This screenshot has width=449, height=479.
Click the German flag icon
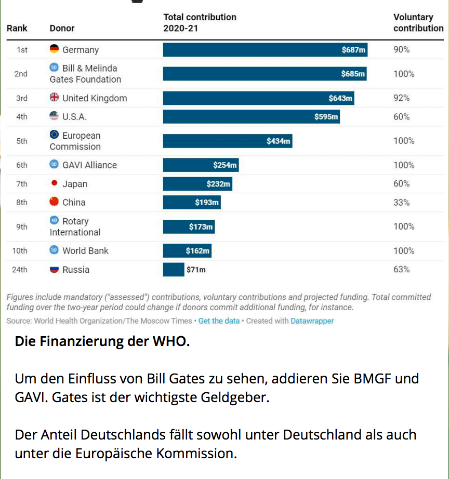point(54,49)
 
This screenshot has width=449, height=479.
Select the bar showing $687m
point(265,50)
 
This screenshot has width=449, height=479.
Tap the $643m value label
point(340,98)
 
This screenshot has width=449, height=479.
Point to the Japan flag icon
point(54,183)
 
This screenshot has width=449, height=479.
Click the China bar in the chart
point(192,202)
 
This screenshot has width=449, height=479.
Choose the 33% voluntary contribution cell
point(401,202)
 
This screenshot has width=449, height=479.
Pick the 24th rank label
point(20,270)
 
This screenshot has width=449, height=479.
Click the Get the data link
point(219,321)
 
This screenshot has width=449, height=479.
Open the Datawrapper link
point(312,321)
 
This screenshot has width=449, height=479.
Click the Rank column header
point(17,28)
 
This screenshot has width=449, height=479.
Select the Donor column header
point(62,28)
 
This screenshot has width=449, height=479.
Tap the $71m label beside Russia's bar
point(196,270)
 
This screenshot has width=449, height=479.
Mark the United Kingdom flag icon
point(54,98)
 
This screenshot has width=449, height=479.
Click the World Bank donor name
point(85,250)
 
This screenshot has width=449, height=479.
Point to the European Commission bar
point(228,141)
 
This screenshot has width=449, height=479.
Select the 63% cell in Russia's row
point(401,269)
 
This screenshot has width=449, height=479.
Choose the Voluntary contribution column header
point(418,22)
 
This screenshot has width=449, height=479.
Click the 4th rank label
point(21,117)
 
